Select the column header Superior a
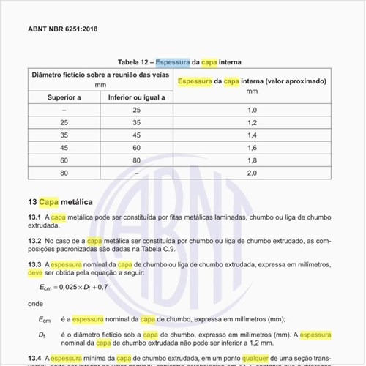click(64, 97)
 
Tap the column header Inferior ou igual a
click(136, 97)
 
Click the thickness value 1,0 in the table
click(253, 109)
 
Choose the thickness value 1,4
click(253, 135)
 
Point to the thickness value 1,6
click(253, 147)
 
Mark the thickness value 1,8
click(253, 160)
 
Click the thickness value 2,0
click(253, 173)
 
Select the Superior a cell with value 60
click(64, 160)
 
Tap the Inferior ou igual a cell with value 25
click(136, 109)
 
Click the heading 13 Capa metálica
click(60, 201)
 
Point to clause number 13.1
click(34, 218)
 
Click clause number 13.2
click(34, 240)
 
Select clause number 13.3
click(34, 264)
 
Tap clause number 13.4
click(34, 358)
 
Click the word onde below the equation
click(34, 302)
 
